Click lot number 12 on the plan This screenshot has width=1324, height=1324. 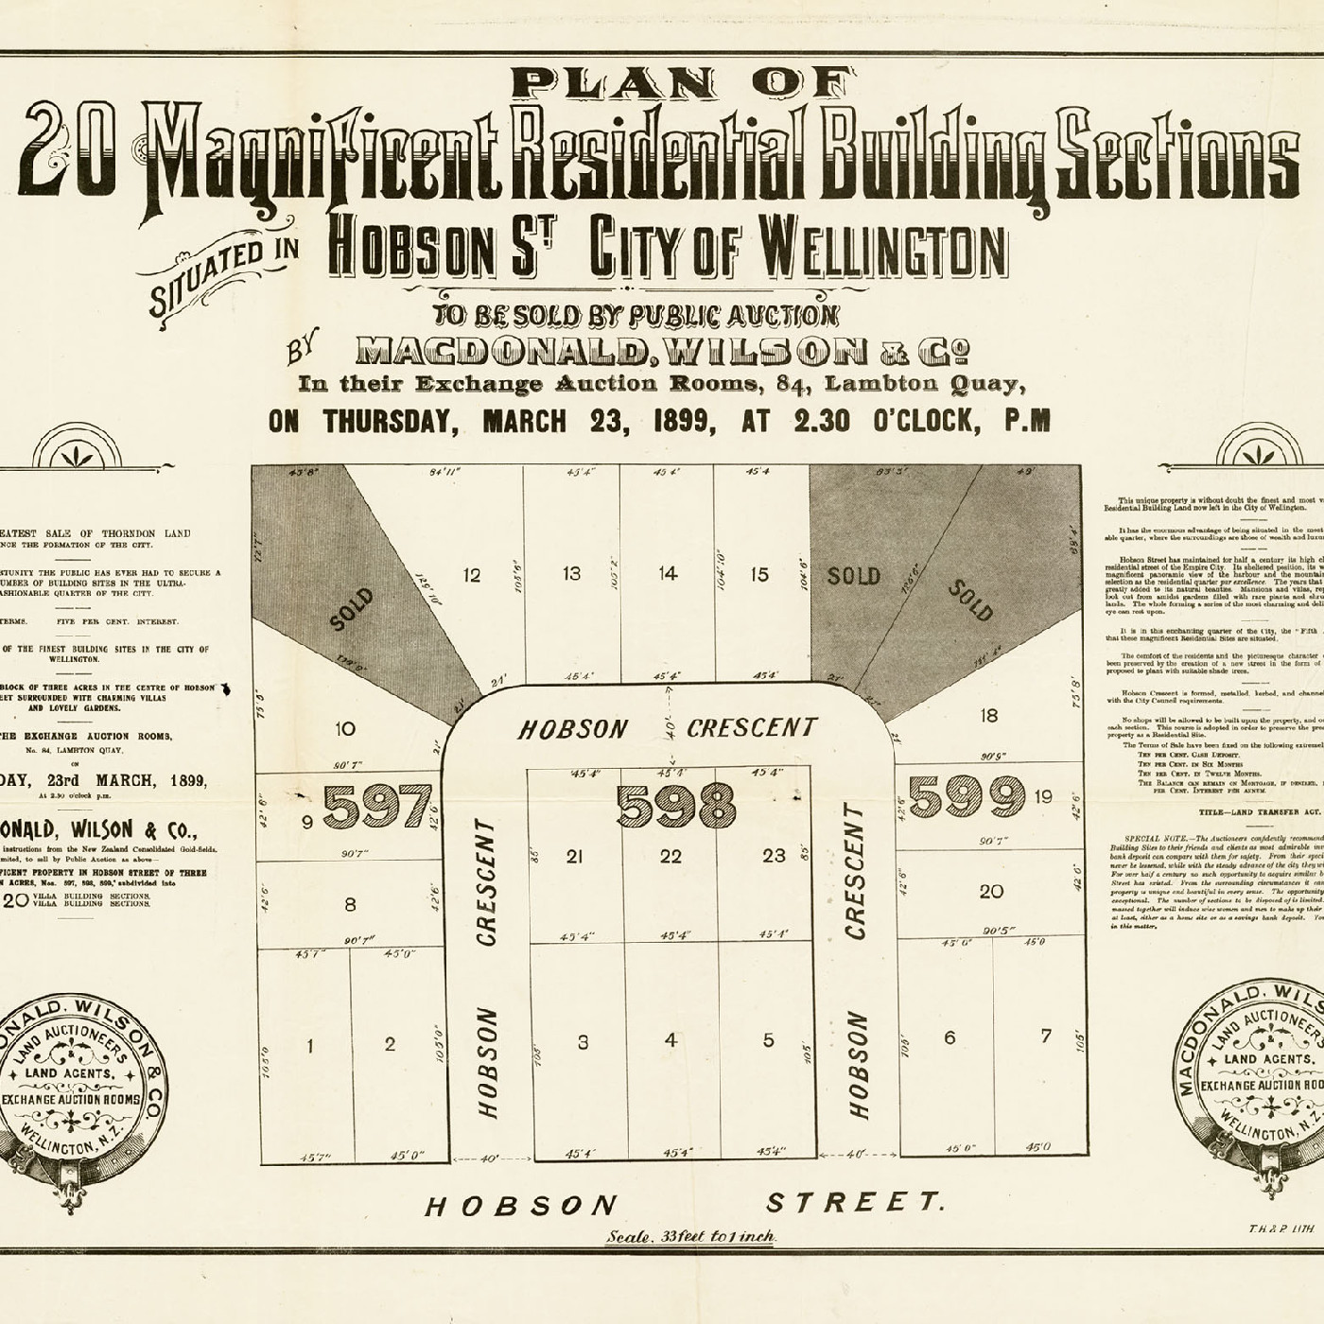471,575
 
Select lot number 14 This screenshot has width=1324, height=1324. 668,572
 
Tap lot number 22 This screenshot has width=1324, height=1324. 671,856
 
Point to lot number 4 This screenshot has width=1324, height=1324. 671,1040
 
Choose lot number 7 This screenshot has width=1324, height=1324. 1045,1036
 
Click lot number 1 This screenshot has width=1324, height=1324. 309,1045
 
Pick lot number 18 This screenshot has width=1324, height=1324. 988,716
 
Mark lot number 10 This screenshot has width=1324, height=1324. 345,728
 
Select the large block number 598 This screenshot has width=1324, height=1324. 675,807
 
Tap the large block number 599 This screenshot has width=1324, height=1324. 967,797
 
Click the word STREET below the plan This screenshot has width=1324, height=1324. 854,1202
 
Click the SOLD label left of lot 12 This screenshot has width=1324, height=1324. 352,610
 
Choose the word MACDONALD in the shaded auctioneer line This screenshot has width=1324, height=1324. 503,353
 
